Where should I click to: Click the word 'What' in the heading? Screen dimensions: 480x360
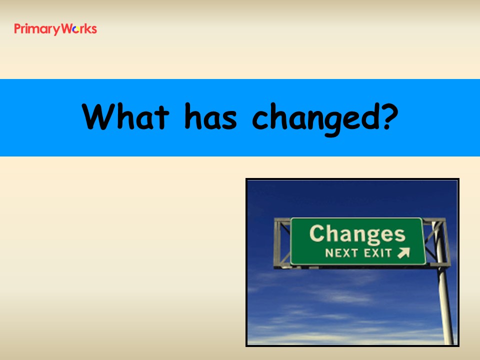pyautogui.click(x=125, y=116)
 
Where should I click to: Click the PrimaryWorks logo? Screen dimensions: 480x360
pyautogui.click(x=55, y=29)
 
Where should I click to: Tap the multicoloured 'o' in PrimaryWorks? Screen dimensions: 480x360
pyautogui.click(x=76, y=29)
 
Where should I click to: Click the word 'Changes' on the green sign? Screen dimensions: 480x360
pyautogui.click(x=357, y=234)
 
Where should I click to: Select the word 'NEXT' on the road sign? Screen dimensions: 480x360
pyautogui.click(x=341, y=253)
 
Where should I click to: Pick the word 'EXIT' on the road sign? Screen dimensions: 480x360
pyautogui.click(x=378, y=253)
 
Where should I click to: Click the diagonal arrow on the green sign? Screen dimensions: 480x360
pyautogui.click(x=403, y=253)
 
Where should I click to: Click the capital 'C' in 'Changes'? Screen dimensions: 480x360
pyautogui.click(x=317, y=233)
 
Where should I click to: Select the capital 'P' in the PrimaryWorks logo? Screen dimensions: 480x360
pyautogui.click(x=17, y=29)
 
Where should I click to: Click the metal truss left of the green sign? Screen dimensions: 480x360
pyautogui.click(x=282, y=243)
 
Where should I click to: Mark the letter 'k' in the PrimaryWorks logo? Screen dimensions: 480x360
pyautogui.click(x=86, y=29)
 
